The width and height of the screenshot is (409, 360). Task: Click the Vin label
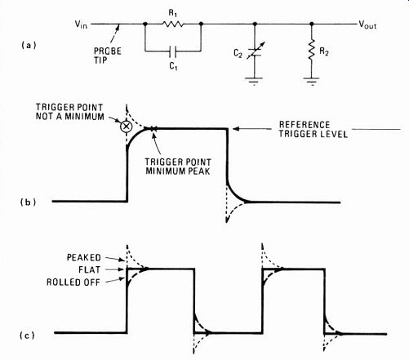(x=81, y=24)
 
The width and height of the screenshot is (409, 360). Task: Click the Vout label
(x=367, y=25)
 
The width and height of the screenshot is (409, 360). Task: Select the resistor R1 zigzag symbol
(x=173, y=24)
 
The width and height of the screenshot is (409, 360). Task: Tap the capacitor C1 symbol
(x=173, y=51)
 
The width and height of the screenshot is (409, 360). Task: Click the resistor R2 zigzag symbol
(x=312, y=50)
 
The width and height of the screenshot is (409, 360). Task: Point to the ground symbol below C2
(x=254, y=81)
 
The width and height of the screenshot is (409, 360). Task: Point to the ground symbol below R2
(x=312, y=81)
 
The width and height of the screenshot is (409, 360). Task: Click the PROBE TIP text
(x=108, y=56)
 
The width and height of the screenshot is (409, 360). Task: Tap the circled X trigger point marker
(x=126, y=127)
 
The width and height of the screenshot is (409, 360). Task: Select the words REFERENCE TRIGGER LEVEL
(x=313, y=130)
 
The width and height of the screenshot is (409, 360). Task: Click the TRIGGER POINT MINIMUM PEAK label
(x=178, y=167)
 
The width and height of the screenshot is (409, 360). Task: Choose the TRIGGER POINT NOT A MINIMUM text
(x=70, y=112)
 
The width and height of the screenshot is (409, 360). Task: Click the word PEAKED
(x=84, y=257)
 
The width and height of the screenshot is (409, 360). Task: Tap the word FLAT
(x=90, y=269)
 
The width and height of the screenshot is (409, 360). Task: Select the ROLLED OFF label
(x=73, y=282)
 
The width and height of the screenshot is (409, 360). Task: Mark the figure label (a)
(x=29, y=45)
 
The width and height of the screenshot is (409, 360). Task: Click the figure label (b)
(x=28, y=202)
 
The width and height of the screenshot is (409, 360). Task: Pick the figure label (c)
(x=27, y=336)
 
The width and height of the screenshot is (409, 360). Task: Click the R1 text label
(x=173, y=13)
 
